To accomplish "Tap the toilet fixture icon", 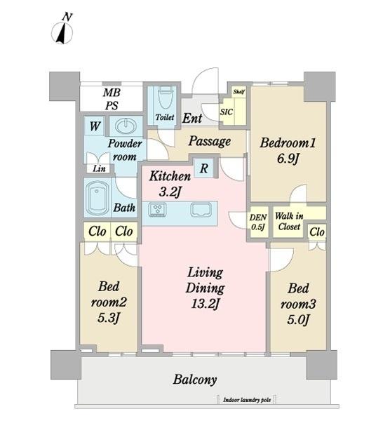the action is click(166, 97).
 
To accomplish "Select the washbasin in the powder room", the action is click(126, 126).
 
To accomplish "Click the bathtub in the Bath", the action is click(97, 197).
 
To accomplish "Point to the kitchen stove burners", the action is click(157, 209).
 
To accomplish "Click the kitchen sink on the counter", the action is click(201, 210).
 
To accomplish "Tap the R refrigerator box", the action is click(203, 168).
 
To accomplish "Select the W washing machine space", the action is click(94, 126).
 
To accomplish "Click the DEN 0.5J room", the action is click(258, 222).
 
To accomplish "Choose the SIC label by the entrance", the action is click(227, 112).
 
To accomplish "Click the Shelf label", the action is click(238, 91).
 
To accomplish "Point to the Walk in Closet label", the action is click(289, 222).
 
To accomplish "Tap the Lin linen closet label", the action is click(99, 168).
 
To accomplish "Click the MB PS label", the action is click(112, 99).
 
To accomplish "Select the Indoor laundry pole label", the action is click(247, 400).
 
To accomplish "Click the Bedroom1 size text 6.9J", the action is click(288, 159).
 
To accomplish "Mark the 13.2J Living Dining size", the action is click(206, 304).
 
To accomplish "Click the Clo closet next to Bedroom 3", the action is click(317, 232).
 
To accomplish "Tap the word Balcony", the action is click(195, 380).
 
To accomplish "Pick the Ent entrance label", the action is click(192, 118).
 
